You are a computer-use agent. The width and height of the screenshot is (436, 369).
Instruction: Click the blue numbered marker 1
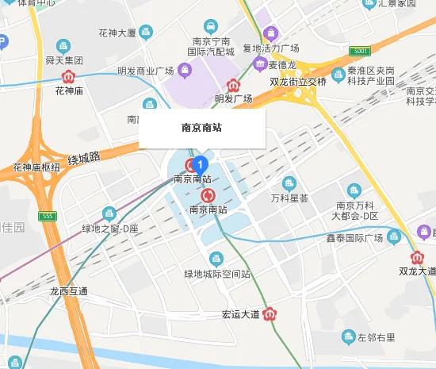[x=201, y=164]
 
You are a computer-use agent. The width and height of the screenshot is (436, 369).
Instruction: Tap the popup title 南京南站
[x=201, y=127]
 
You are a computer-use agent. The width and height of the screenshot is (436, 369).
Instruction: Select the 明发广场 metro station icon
[x=233, y=85]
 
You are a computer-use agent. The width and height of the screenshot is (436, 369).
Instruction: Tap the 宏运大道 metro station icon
[x=270, y=313]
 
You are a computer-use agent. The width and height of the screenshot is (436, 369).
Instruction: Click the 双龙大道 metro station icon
[x=417, y=257]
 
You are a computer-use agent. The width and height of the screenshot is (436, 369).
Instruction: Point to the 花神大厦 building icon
[x=146, y=33]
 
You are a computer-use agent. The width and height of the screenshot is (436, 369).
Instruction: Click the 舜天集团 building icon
[x=63, y=46]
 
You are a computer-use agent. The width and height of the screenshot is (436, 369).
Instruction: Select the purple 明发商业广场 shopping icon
[x=184, y=71]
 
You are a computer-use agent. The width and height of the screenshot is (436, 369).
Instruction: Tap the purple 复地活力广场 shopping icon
[x=270, y=34]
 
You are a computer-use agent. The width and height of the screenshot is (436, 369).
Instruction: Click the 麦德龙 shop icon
[x=256, y=65]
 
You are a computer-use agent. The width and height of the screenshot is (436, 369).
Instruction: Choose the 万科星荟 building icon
[x=289, y=183]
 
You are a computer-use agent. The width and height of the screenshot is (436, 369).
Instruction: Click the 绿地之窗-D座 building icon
[x=109, y=213]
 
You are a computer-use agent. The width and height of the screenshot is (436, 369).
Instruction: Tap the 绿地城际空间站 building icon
[x=216, y=259]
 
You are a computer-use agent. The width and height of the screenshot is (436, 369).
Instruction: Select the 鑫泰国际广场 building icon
[x=394, y=237]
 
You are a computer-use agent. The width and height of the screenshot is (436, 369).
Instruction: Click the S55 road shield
[x=49, y=216]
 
